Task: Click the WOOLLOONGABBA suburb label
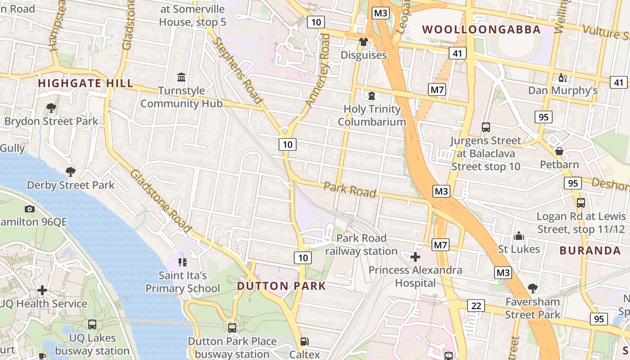click(481, 30)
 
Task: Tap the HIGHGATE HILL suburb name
click(85, 83)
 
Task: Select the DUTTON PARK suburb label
click(281, 286)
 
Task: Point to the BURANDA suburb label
click(590, 251)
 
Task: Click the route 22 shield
click(476, 306)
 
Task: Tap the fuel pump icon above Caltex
click(305, 342)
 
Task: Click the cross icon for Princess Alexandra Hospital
click(415, 257)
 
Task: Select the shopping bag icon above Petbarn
click(559, 151)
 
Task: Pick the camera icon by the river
click(30, 209)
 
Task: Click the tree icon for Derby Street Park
click(70, 171)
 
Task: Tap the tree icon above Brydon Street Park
click(51, 108)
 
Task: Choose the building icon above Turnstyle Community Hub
click(181, 77)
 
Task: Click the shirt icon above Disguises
click(364, 42)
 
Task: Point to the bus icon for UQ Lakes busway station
click(92, 324)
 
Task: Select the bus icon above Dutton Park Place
click(232, 328)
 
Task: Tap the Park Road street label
click(350, 189)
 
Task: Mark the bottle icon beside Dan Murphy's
click(562, 78)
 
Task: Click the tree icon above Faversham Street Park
click(533, 288)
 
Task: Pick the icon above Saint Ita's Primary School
click(182, 262)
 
